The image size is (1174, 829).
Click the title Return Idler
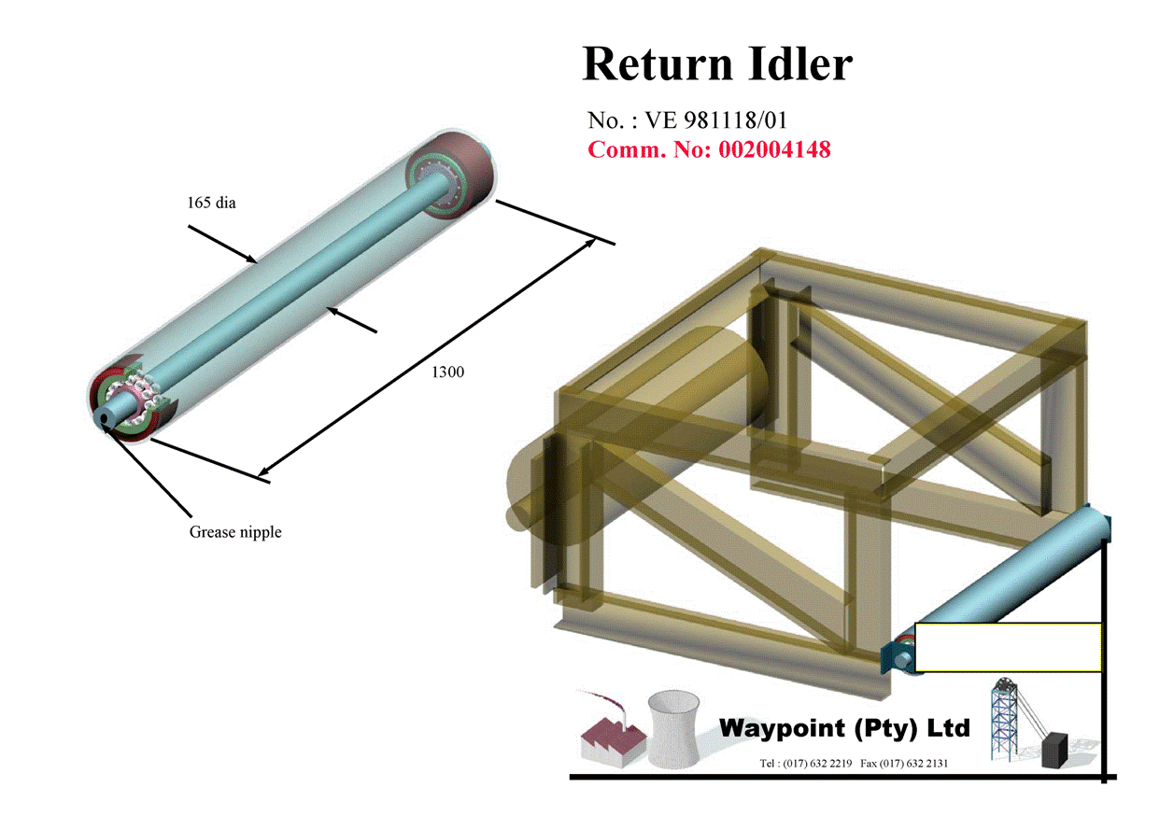point(717,64)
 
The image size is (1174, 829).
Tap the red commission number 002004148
point(774,149)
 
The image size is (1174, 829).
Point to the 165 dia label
point(212,203)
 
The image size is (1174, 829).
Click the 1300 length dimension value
point(447,372)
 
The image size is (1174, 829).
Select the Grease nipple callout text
point(235,532)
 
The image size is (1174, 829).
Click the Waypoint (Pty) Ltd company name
point(844,727)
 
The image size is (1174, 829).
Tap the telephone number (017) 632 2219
point(818,763)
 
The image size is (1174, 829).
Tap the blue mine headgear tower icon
point(1008,719)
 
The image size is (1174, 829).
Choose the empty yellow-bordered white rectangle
point(1008,647)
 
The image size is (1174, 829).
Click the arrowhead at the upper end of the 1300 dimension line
point(592,241)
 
